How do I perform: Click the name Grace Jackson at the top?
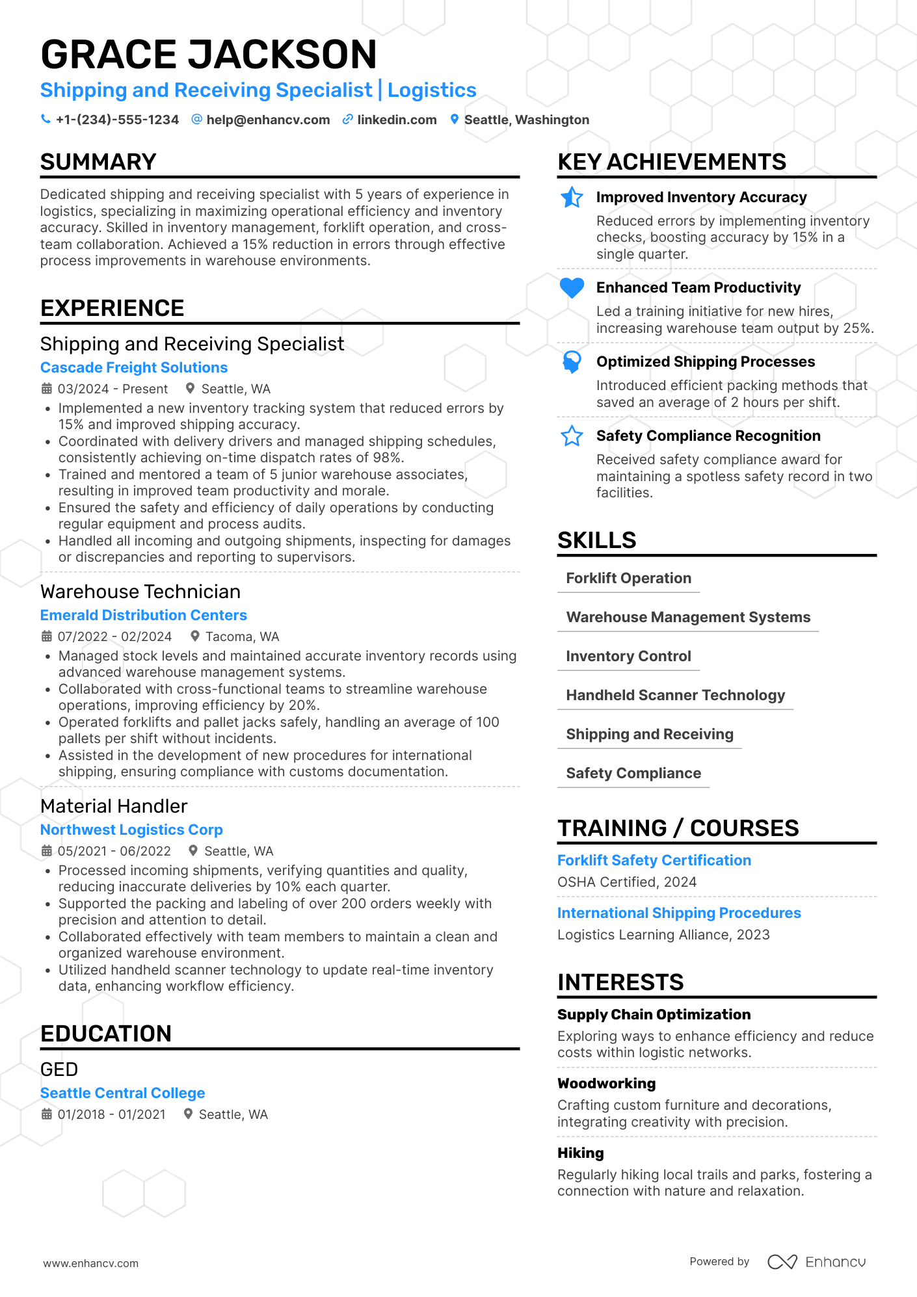[x=208, y=54]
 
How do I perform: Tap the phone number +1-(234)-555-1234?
[x=117, y=120]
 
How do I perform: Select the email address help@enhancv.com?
[x=268, y=120]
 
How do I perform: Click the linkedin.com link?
[x=397, y=120]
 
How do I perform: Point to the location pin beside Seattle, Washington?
[x=455, y=120]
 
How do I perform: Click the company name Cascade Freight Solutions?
[x=134, y=367]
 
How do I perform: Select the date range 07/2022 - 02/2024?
[x=114, y=636]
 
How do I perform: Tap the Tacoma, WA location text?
[x=242, y=636]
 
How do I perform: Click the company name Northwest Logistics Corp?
[x=131, y=830]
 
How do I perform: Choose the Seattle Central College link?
[x=122, y=1093]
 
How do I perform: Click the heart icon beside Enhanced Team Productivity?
[x=572, y=287]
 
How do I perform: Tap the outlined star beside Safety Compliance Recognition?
[x=572, y=436]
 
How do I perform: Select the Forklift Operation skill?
[x=628, y=578]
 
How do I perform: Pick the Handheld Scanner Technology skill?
[x=675, y=695]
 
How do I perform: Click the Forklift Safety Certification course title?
[x=654, y=860]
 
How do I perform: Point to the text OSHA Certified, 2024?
[x=626, y=882]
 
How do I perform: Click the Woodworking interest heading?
[x=606, y=1083]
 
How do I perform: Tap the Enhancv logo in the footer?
[x=817, y=1262]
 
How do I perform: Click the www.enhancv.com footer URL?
[x=91, y=1263]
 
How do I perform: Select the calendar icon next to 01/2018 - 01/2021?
[x=47, y=1114]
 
